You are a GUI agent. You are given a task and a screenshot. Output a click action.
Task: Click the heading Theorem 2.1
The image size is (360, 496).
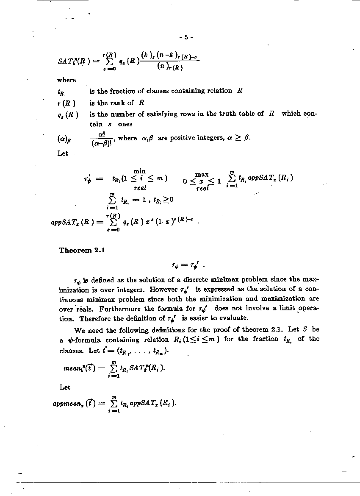[82, 250]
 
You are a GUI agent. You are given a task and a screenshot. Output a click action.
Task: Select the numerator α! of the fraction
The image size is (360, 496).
[102, 134]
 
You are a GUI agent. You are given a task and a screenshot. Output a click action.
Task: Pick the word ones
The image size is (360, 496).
[125, 124]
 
